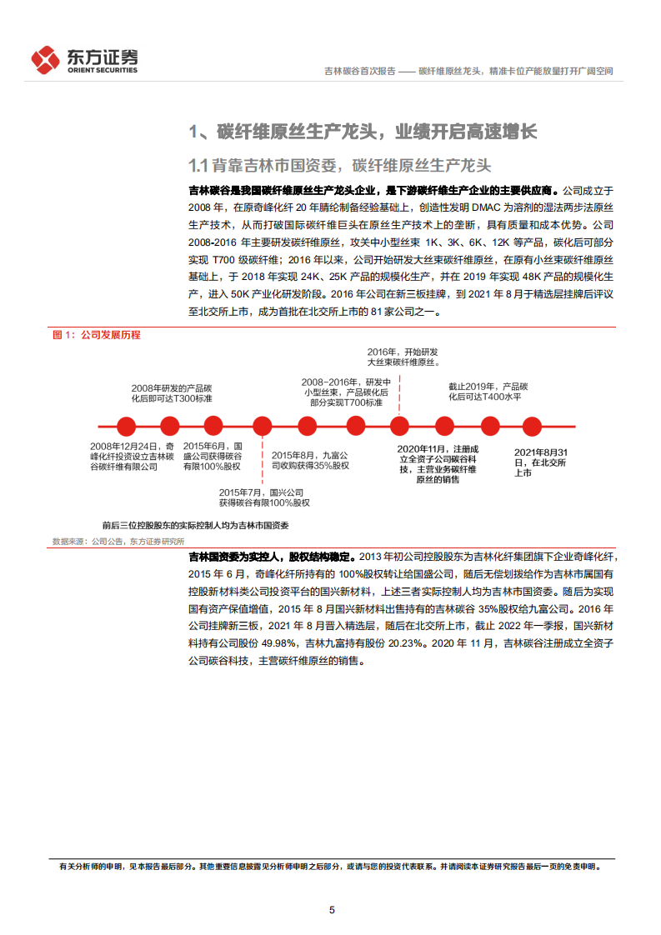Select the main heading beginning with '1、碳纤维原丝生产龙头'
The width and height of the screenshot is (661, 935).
363,132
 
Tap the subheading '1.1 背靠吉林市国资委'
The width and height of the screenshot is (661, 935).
341,163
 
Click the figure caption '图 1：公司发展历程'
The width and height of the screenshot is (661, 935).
97,335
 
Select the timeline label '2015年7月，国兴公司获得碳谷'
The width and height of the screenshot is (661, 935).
264,497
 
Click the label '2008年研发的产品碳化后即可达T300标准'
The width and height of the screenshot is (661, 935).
172,393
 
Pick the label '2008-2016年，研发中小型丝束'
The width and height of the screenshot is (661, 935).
346,392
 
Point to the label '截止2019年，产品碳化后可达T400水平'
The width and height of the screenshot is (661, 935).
488,392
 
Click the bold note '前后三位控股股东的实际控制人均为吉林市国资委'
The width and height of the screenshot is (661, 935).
195,526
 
